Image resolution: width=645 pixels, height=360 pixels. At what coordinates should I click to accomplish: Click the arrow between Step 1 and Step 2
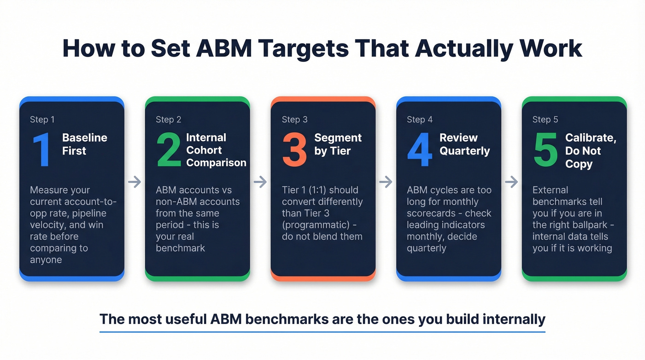pyautogui.click(x=135, y=182)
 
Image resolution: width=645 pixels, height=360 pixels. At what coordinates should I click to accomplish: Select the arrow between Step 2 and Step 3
pyautogui.click(x=260, y=182)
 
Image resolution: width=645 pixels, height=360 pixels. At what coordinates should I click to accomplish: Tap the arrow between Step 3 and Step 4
pyautogui.click(x=386, y=182)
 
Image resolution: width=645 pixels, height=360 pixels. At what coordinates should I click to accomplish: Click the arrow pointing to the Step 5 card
pyautogui.click(x=511, y=182)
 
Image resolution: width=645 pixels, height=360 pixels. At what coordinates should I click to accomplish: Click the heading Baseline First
pyautogui.click(x=84, y=144)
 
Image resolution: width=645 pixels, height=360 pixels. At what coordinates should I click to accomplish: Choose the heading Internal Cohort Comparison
pyautogui.click(x=216, y=150)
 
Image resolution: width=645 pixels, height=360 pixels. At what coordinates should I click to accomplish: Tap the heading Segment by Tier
pyautogui.click(x=338, y=144)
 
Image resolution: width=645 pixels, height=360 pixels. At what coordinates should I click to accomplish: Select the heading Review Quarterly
pyautogui.click(x=464, y=144)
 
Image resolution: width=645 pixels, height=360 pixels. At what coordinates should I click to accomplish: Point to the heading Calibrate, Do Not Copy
pyautogui.click(x=590, y=151)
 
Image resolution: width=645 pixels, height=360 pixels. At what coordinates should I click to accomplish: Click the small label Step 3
pyautogui.click(x=294, y=119)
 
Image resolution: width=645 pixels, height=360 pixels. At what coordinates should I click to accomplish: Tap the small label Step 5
pyautogui.click(x=545, y=119)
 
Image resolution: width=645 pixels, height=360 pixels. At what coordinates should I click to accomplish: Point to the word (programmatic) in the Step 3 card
pyautogui.click(x=313, y=225)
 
